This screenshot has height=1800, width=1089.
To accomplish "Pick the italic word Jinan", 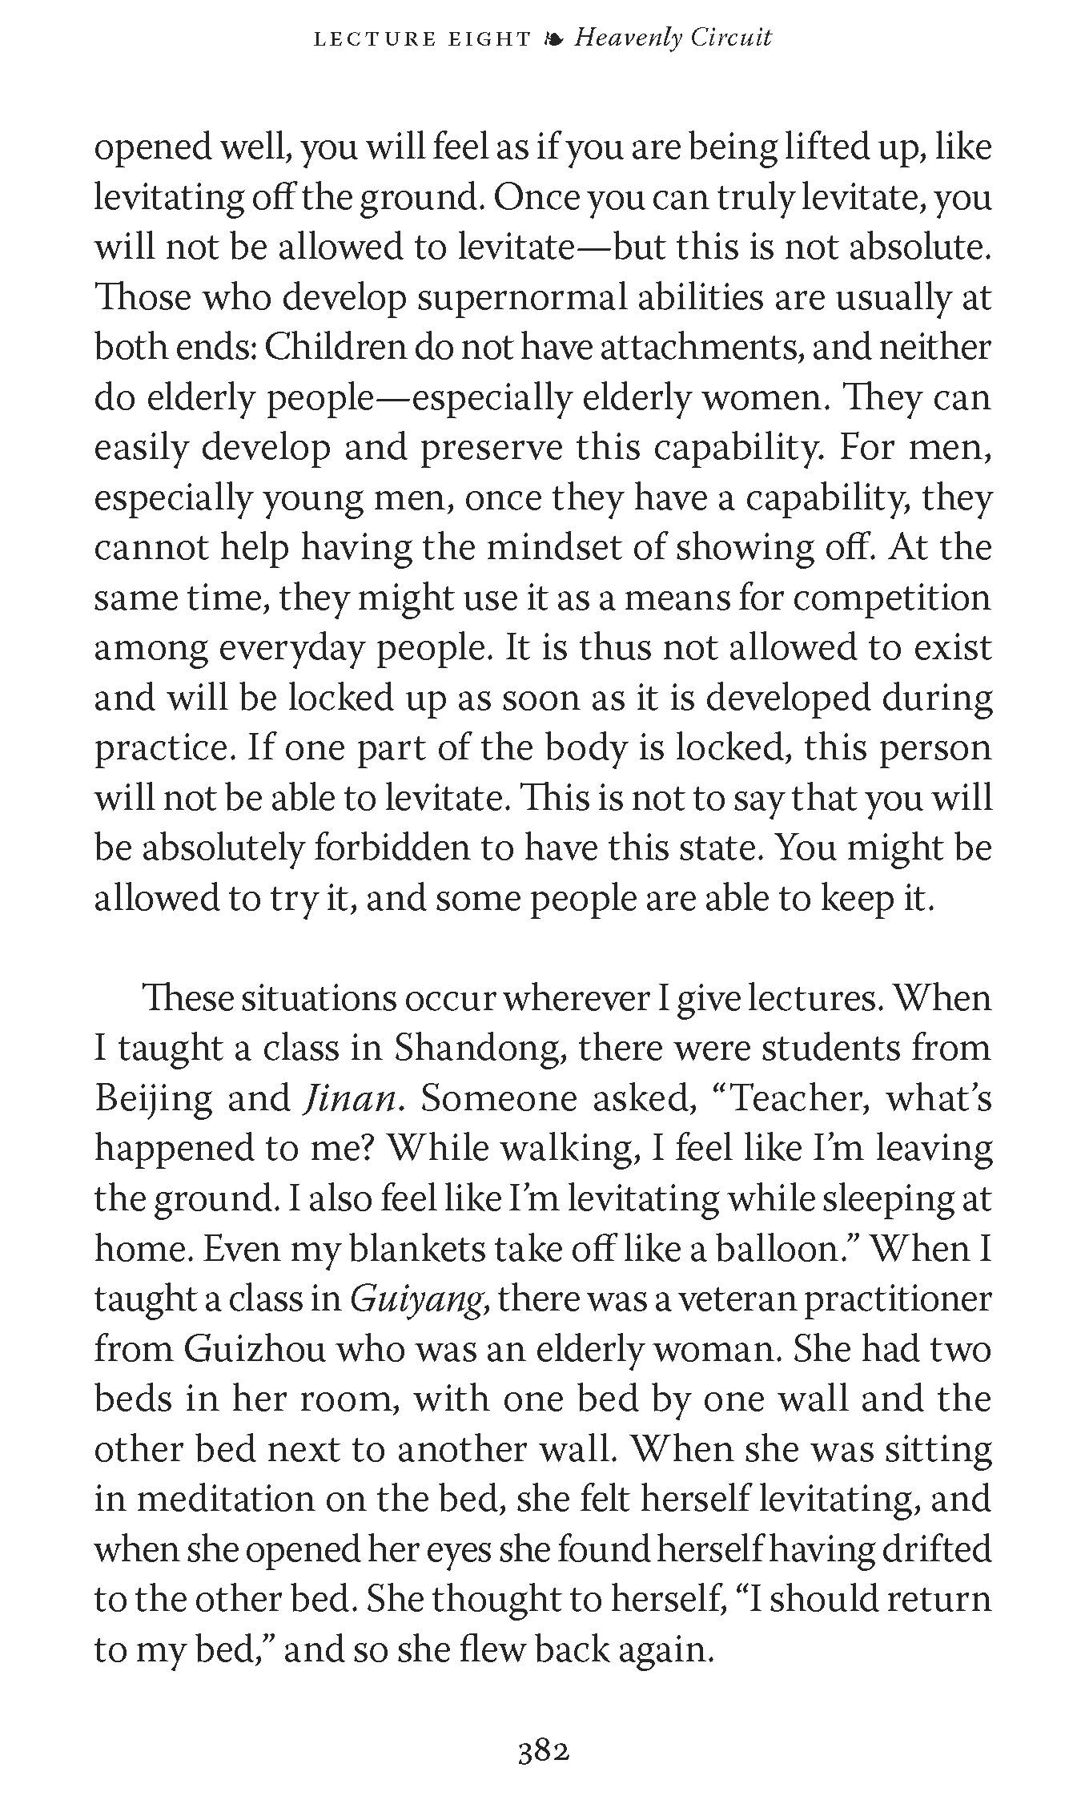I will (x=349, y=1098).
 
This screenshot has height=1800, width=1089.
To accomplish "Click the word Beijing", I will (x=152, y=1100).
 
